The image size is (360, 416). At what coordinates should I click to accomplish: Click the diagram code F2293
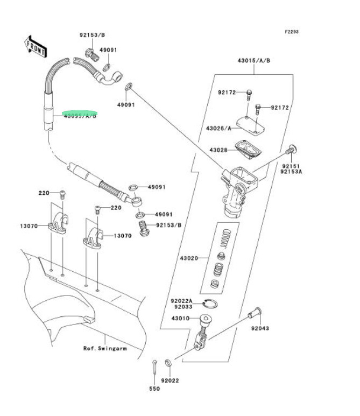pyautogui.click(x=291, y=32)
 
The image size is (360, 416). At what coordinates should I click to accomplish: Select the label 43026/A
pyautogui.click(x=217, y=128)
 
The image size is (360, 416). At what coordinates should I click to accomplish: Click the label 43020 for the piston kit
pyautogui.click(x=189, y=258)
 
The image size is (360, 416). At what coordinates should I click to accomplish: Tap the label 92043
pyautogui.click(x=259, y=328)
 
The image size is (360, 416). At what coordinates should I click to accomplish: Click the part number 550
pyautogui.click(x=154, y=389)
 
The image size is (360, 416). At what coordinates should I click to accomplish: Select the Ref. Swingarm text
pyautogui.click(x=104, y=349)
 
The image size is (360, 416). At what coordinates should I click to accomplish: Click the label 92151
pyautogui.click(x=290, y=166)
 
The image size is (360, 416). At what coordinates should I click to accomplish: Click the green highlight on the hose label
pyautogui.click(x=80, y=114)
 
